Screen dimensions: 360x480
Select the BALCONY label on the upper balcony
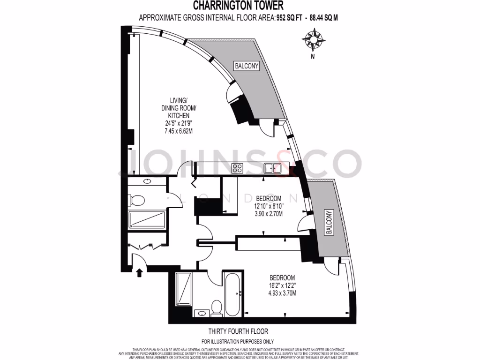point(247,66)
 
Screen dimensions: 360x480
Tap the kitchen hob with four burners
point(237,168)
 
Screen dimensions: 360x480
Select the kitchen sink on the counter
point(271,168)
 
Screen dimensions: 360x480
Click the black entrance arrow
point(139,272)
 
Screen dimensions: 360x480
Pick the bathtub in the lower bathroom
point(233,295)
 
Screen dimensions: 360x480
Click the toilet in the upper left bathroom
point(137,201)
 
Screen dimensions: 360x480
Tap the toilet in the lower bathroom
point(216,307)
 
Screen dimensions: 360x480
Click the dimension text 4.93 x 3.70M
point(282,293)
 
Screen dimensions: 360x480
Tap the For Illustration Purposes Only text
point(237,342)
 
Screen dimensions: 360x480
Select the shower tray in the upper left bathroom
point(147,220)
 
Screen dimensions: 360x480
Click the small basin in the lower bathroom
point(202,313)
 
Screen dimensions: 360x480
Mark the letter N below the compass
point(312,57)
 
